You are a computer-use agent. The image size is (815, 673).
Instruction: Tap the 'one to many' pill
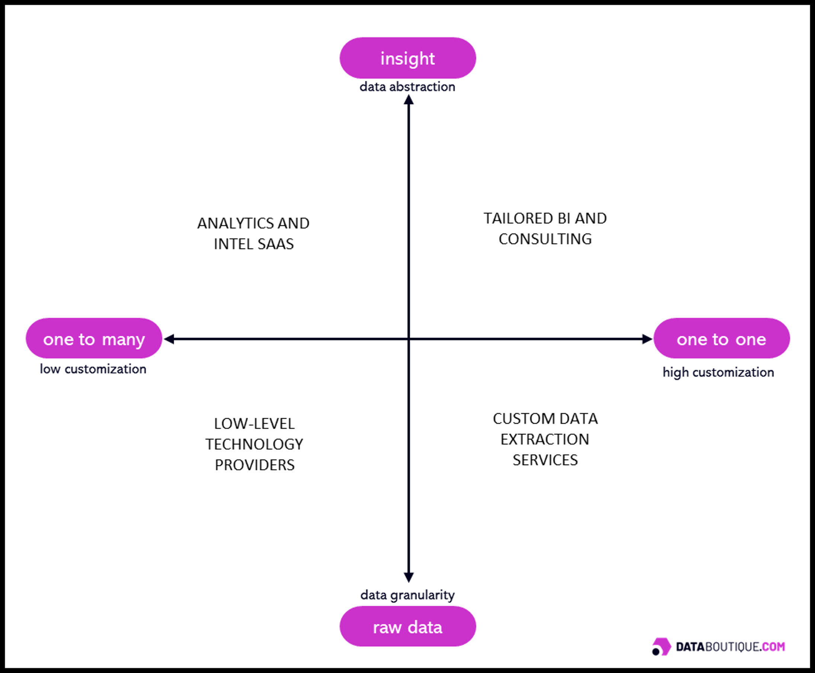coord(94,338)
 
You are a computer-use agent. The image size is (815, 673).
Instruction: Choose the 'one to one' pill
coord(721,338)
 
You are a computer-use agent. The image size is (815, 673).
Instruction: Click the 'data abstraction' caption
coord(407,87)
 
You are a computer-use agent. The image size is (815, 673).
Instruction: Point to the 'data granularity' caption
coord(407,595)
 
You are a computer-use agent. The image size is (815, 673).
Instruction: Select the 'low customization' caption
coord(93,369)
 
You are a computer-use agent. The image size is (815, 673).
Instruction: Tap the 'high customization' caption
coord(718,372)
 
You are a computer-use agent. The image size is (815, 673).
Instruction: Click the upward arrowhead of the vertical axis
coord(409,100)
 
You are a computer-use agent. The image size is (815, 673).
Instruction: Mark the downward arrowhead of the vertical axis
coord(409,577)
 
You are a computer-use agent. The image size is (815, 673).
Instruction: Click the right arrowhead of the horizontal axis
coord(647,339)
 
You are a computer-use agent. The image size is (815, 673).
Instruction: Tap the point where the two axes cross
coord(409,339)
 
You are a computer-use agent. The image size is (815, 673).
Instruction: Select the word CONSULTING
coord(545,239)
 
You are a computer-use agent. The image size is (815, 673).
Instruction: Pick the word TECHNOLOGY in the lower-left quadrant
coord(254,444)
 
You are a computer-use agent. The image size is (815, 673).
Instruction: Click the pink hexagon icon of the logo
coord(662,646)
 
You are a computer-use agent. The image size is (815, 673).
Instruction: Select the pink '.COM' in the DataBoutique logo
coord(773,647)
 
